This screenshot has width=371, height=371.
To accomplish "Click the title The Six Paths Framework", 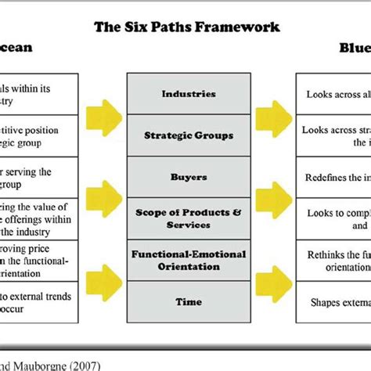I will pos(186,27).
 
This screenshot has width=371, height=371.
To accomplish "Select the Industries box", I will pos(189,94).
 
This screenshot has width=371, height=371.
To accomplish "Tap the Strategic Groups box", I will pos(189,135).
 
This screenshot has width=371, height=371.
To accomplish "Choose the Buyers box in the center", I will pos(189,177).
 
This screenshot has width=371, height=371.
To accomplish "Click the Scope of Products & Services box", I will pos(189,218).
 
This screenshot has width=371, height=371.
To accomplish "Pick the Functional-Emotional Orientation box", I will pos(189,260).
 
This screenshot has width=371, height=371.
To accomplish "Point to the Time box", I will pos(189,301).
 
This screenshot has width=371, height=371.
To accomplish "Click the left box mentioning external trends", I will pos(39,302).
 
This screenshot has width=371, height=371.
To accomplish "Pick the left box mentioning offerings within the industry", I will pos(39,218).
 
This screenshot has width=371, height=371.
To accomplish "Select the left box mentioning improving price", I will pos(39,260).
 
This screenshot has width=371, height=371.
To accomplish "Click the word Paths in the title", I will pos(164,27).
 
